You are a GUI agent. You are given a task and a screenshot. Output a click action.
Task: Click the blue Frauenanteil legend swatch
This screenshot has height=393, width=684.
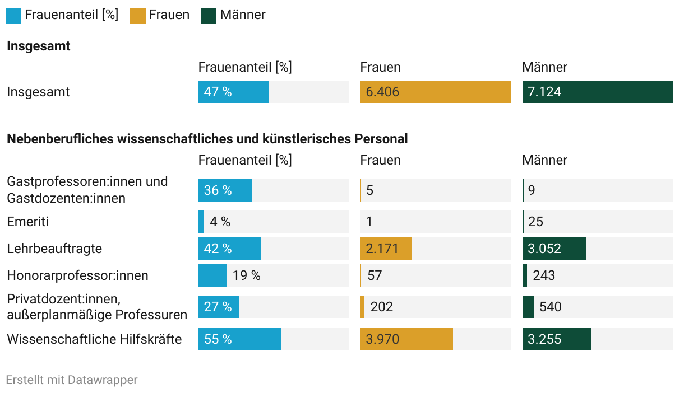click(13, 15)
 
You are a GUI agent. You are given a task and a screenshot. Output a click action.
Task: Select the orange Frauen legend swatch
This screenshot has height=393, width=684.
click(138, 15)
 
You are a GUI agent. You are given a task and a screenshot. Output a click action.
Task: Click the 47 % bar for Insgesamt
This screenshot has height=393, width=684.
click(233, 92)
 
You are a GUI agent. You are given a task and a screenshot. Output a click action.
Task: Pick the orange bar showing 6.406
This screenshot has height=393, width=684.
click(435, 92)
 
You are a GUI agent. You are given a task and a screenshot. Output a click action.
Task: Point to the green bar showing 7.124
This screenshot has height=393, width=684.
click(597, 92)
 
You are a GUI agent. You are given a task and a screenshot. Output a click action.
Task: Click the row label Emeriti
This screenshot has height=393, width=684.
click(28, 222)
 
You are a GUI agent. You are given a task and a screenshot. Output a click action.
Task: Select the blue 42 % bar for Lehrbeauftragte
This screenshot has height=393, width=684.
click(230, 249)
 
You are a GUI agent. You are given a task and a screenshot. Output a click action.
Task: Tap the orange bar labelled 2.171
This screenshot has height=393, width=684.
click(386, 249)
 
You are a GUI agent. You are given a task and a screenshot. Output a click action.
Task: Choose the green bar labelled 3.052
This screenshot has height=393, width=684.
click(554, 249)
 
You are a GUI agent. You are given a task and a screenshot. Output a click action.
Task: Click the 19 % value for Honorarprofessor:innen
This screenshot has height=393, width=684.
click(247, 275)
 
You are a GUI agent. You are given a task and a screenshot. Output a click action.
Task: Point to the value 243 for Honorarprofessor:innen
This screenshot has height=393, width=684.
click(544, 275)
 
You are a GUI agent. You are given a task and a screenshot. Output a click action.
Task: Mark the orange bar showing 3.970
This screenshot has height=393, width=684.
click(406, 339)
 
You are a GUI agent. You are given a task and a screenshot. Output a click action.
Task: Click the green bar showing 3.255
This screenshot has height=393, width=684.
click(556, 339)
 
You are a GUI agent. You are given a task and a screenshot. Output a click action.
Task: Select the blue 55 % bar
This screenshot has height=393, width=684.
click(240, 339)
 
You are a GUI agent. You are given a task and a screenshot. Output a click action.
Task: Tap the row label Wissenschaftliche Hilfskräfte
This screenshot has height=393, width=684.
click(94, 339)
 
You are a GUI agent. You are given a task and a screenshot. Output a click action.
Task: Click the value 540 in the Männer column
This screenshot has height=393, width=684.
click(550, 307)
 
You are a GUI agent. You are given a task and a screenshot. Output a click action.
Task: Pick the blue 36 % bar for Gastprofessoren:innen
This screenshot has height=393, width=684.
click(225, 190)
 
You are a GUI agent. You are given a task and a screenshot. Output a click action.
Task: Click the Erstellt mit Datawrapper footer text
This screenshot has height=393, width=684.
click(72, 380)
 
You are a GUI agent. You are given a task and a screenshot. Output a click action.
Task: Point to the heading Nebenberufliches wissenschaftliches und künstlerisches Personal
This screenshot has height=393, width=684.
click(207, 139)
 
